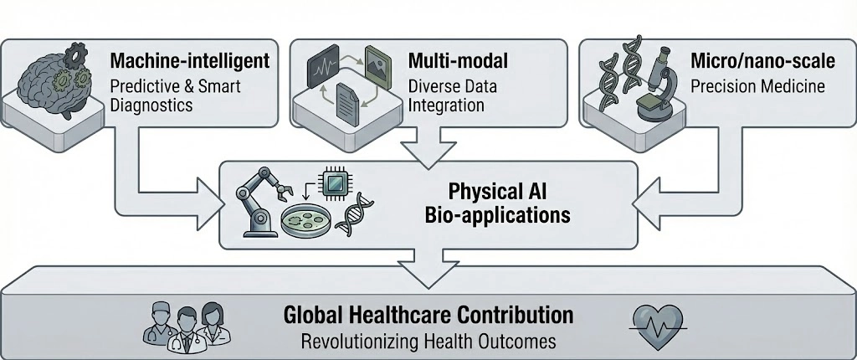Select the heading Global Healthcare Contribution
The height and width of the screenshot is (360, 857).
pos(428,315)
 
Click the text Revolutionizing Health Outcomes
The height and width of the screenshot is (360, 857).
pos(428,341)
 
